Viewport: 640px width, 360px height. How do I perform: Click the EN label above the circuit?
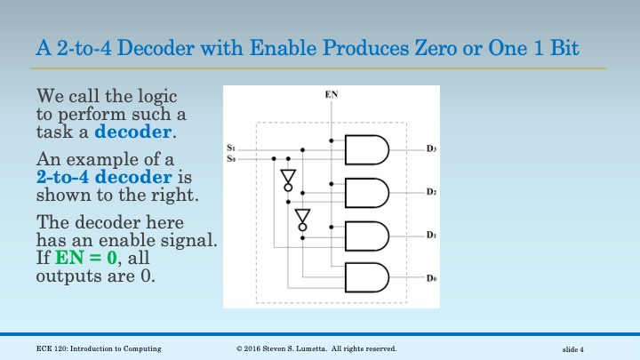332,93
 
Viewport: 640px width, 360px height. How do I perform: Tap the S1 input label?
231,148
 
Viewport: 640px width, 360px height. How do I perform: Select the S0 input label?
231,158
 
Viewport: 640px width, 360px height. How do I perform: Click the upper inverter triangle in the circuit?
286,177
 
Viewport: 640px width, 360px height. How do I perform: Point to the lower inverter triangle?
302,217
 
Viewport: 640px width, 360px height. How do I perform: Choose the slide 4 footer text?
579,348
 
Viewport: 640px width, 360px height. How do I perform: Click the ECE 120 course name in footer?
92,348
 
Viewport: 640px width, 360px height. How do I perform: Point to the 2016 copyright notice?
316,348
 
